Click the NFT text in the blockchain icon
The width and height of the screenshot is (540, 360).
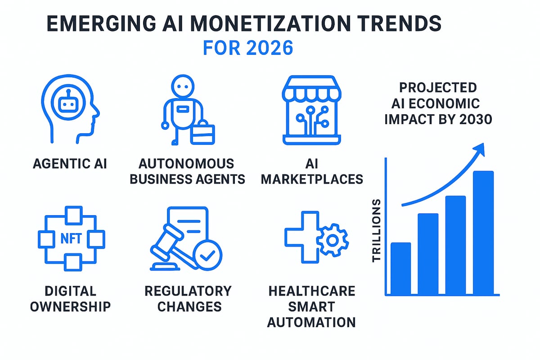71,238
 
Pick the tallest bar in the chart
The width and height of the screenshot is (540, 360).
483,233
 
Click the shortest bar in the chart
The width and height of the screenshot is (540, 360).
400,268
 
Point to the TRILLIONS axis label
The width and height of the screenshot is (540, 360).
377,230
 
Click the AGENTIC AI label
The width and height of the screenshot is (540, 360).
70,163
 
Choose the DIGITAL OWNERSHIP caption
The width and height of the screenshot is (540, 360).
71,298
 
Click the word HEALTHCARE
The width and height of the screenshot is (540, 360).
312,291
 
